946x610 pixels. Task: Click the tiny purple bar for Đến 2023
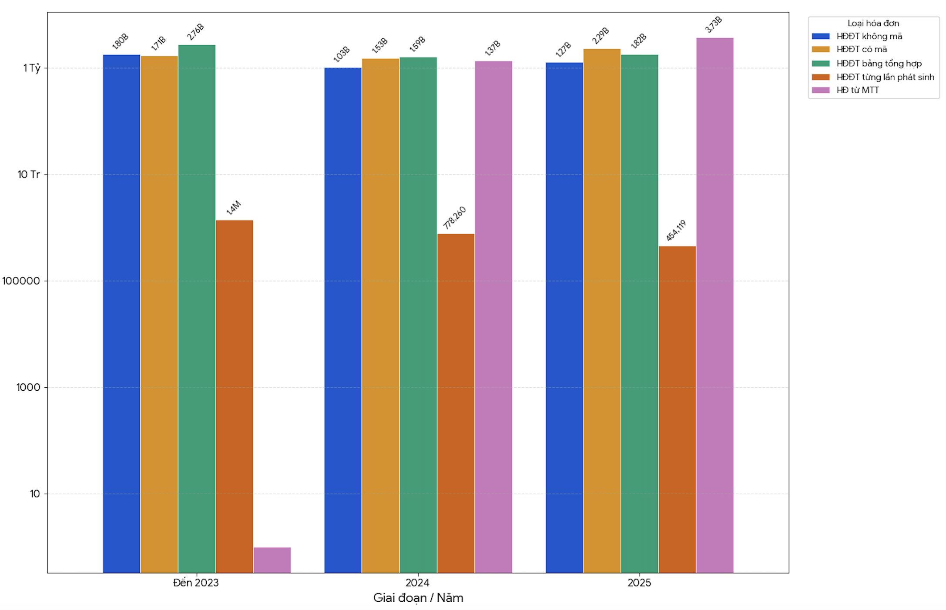point(272,560)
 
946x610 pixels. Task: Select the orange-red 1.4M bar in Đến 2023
point(234,396)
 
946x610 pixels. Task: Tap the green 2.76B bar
point(197,309)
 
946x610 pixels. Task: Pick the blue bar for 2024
point(342,320)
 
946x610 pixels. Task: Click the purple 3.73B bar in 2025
point(715,305)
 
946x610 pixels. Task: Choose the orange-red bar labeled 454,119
point(677,409)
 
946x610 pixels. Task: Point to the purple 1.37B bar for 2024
point(493,317)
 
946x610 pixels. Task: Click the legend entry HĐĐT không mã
point(869,36)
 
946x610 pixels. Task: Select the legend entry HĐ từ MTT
point(857,90)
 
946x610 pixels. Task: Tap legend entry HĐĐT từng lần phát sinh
point(885,77)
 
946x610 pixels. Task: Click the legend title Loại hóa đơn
point(873,23)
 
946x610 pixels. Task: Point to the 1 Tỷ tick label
point(31,68)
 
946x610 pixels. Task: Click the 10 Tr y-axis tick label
point(28,174)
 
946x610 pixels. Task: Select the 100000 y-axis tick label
point(21,281)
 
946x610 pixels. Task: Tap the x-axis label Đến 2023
point(196,583)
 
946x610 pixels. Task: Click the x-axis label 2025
point(639,583)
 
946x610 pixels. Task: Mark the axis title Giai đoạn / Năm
point(418,598)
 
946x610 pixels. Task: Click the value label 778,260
point(454,218)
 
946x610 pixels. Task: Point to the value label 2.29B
point(600,36)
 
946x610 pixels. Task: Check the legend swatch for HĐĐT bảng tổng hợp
point(820,64)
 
